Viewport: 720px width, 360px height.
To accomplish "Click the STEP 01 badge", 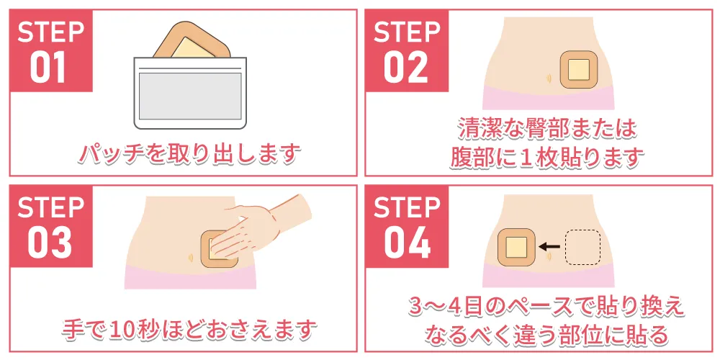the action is [x=51, y=51].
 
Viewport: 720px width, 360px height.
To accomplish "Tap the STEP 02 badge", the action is [x=407, y=51].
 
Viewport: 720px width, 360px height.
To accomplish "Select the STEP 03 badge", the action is [x=51, y=226].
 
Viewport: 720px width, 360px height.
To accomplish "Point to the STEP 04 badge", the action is [x=407, y=226].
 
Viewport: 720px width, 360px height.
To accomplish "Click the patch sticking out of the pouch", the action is [x=192, y=41].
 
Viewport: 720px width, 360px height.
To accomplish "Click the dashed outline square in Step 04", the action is [x=582, y=246].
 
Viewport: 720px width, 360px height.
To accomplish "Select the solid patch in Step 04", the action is [x=516, y=246].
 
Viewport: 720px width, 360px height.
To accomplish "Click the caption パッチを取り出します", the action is [x=190, y=153].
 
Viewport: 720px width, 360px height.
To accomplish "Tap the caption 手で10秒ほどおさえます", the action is [x=189, y=329].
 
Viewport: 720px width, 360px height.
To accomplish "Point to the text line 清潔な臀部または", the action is [x=547, y=130].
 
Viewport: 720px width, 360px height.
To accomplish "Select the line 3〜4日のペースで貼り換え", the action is [x=546, y=307].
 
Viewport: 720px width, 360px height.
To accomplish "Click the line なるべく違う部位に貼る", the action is [x=546, y=335].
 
